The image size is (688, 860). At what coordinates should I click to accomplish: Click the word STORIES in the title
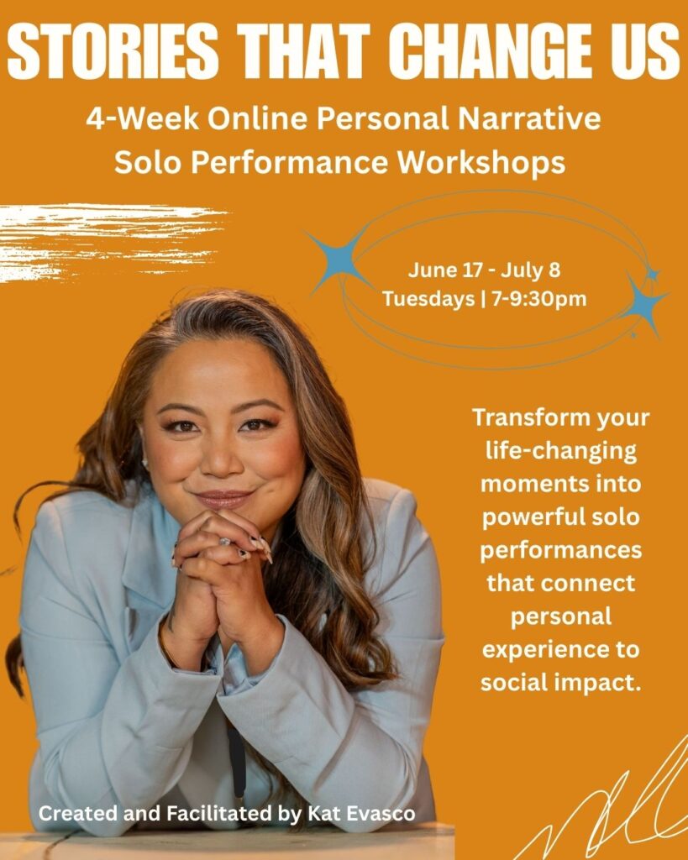(x=113, y=51)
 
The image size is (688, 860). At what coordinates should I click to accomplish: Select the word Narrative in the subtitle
(x=529, y=118)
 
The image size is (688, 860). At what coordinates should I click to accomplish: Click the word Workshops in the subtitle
(x=481, y=162)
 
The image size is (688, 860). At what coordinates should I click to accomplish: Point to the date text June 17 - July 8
(x=484, y=270)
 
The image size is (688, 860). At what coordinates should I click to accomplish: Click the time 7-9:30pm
(x=539, y=299)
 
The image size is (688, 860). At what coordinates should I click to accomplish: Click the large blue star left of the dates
(x=339, y=259)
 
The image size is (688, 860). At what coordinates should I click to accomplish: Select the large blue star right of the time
(x=646, y=304)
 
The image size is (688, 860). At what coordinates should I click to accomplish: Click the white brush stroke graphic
(x=110, y=241)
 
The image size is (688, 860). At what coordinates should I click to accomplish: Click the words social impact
(x=560, y=682)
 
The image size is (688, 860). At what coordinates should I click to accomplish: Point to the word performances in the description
(x=560, y=550)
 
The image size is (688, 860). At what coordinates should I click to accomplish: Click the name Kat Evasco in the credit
(x=361, y=813)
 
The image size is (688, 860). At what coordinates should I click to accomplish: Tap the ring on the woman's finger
(x=225, y=542)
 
